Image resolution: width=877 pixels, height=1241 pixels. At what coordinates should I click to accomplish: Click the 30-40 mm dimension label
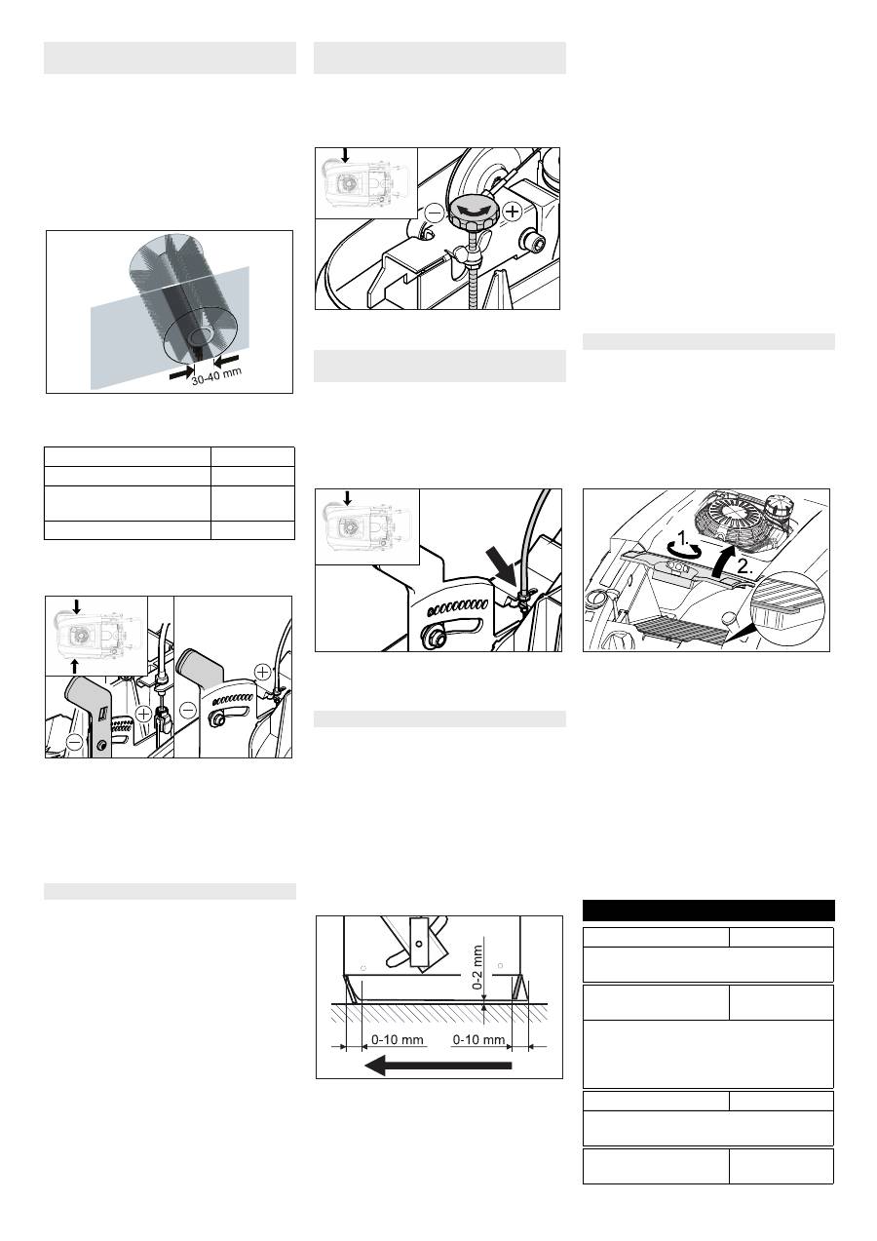click(x=216, y=375)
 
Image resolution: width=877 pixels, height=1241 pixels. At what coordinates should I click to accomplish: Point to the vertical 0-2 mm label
click(x=477, y=967)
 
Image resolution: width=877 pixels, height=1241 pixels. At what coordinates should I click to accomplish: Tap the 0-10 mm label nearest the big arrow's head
click(x=397, y=1039)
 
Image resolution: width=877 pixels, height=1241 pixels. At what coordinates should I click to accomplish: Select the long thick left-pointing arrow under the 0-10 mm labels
click(x=438, y=1065)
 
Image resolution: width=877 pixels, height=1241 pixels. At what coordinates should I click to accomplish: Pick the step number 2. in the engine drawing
click(x=744, y=566)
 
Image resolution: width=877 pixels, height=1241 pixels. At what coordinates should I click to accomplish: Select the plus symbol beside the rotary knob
click(x=514, y=212)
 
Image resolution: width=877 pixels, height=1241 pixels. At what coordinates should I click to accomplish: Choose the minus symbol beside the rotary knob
click(x=436, y=213)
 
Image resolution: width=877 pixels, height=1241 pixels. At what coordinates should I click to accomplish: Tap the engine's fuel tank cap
click(x=777, y=505)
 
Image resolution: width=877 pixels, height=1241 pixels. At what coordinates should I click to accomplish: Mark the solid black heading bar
click(x=708, y=911)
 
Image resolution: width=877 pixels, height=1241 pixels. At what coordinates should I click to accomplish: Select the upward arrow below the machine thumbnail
click(x=75, y=667)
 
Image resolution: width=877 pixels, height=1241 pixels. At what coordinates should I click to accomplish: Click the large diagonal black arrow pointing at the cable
click(x=502, y=566)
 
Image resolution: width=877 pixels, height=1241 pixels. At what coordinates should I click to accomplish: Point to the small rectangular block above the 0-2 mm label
click(x=419, y=940)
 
